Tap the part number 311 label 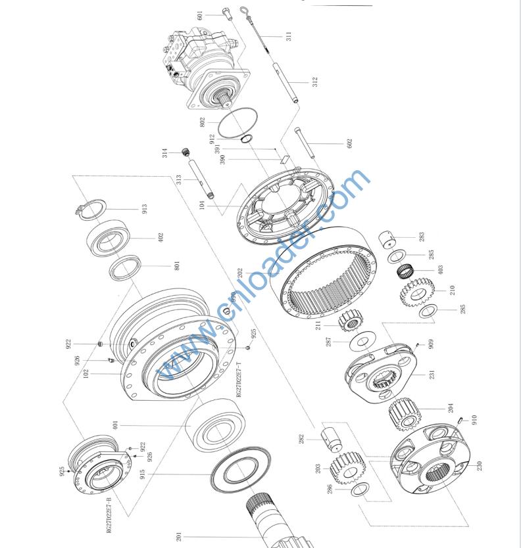(288, 36)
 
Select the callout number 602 (349, 142)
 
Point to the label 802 (203, 122)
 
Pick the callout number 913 (144, 209)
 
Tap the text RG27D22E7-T (239, 380)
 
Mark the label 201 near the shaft (178, 537)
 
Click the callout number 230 (480, 465)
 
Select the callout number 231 (432, 375)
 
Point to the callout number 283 (422, 236)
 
